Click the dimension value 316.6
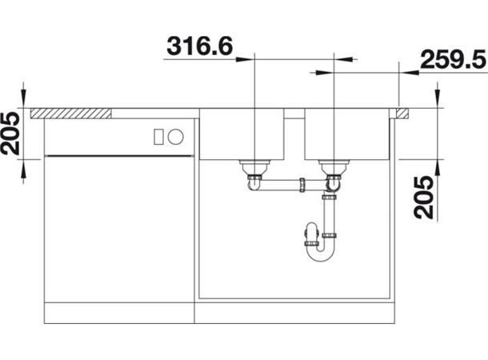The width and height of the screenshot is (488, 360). coord(199,46)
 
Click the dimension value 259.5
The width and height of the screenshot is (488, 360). coord(453,59)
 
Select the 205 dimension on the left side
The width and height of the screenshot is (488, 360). coord(10,133)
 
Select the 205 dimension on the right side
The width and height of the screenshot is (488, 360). coord(423,198)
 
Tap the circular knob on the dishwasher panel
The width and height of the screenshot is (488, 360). coord(175,137)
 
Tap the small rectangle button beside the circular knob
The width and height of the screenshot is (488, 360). coord(158,137)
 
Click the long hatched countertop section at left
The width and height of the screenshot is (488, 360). coord(71,114)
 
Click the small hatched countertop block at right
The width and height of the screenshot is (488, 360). coord(402,114)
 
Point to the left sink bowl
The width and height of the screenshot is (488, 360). coord(242,134)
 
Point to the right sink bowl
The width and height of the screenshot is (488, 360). coord(347,134)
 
